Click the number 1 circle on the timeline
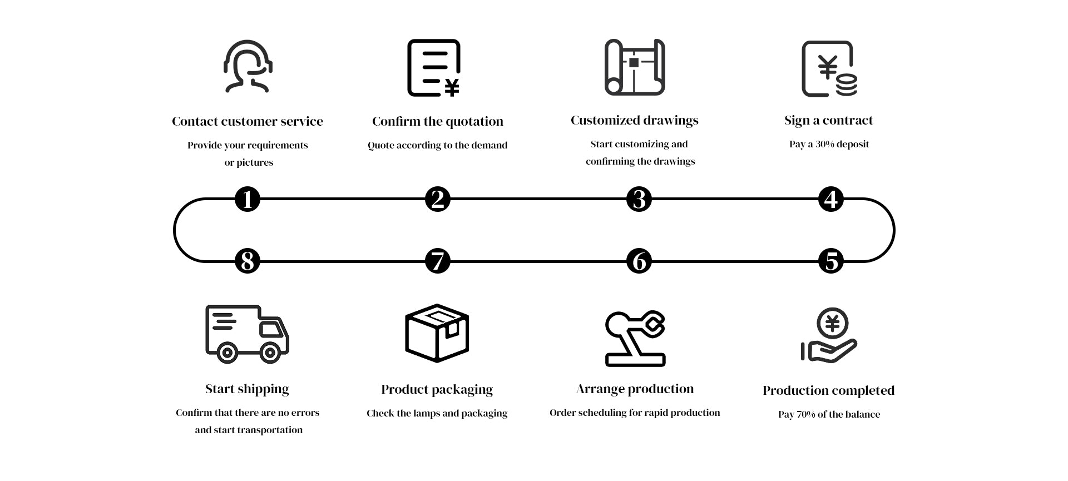248,199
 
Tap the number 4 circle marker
831,199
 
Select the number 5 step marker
831,261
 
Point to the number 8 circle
248,261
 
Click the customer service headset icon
248,66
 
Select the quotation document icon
434,68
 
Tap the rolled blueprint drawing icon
635,67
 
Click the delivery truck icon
248,334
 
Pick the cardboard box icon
437,333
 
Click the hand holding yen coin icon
829,335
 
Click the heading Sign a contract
828,121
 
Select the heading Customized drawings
635,121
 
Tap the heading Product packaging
437,390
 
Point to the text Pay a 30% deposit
829,144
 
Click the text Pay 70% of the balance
829,414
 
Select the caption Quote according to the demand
437,146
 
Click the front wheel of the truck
270,352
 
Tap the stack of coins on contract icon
846,85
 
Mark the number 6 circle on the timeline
639,261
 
